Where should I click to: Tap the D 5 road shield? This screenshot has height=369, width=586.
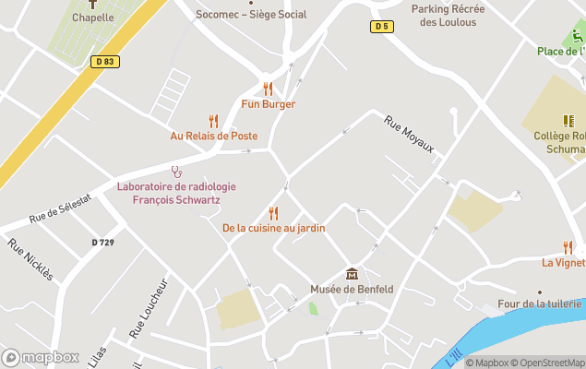click(381, 26)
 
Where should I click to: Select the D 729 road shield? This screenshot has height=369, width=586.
click(103, 242)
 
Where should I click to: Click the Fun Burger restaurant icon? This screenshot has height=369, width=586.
click(268, 89)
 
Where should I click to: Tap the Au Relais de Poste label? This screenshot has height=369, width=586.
click(213, 136)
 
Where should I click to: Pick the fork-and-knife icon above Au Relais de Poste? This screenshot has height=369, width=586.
click(213, 120)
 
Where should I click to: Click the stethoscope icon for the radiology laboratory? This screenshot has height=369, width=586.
click(176, 172)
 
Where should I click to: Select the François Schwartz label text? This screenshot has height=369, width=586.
click(176, 199)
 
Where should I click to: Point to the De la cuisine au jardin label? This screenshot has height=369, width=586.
click(273, 228)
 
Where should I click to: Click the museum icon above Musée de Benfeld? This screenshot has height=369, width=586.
click(352, 274)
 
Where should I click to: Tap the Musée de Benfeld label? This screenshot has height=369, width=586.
click(352, 290)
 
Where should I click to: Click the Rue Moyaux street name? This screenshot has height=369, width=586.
click(409, 135)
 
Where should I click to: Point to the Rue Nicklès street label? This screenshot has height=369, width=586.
click(30, 259)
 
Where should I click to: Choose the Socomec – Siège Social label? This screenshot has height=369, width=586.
click(251, 15)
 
